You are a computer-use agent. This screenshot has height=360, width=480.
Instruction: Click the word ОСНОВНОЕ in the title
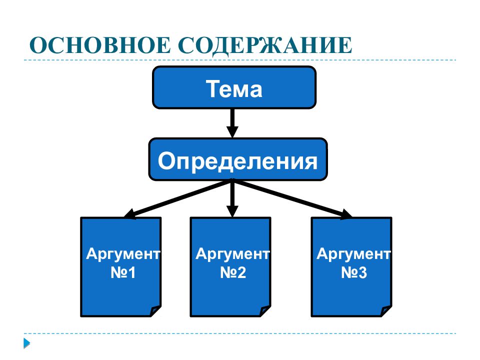[x=100, y=45]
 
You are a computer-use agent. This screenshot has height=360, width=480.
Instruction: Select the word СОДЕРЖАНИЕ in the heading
[x=265, y=46]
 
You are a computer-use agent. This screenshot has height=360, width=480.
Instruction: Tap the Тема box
[x=234, y=87]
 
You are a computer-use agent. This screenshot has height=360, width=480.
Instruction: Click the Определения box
[x=238, y=159]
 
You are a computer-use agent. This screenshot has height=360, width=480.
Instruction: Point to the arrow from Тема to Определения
[x=232, y=123]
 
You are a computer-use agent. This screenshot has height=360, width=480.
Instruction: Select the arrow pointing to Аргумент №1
[x=177, y=199]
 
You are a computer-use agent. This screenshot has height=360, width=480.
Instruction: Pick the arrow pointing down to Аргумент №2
[x=232, y=198]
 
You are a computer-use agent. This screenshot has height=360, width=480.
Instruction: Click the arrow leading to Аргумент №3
[x=292, y=199]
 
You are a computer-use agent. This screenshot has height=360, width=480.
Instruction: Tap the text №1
[x=123, y=272]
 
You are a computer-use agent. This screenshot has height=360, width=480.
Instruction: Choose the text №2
[x=233, y=272]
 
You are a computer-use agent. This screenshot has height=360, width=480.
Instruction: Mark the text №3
[x=354, y=272]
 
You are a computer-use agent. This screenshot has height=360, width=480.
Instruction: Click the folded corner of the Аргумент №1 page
[x=156, y=310]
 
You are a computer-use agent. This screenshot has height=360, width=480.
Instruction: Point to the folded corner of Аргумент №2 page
[x=265, y=310]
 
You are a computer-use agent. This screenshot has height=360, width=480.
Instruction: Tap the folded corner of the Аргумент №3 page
[x=386, y=310]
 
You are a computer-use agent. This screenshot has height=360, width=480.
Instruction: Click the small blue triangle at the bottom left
[x=26, y=343]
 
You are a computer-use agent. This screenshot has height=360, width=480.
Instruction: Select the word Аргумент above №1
[x=123, y=254]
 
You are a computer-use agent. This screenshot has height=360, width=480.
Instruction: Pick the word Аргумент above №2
[x=232, y=254]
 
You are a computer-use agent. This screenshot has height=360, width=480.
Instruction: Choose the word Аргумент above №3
[x=353, y=254]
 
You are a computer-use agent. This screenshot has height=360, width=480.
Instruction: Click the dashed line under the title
[x=240, y=60]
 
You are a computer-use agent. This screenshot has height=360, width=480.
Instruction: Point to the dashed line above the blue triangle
[x=240, y=333]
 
